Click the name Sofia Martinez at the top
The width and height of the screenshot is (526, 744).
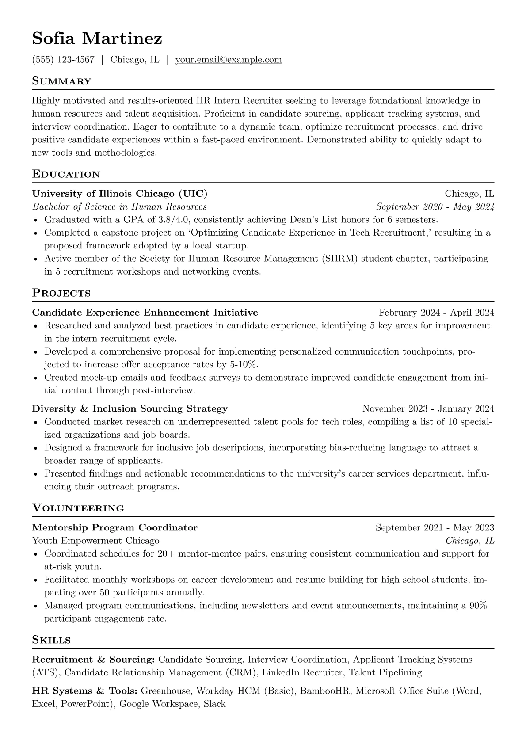click(x=97, y=39)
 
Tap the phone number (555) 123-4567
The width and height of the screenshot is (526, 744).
click(x=63, y=60)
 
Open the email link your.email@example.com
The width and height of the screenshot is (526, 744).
click(x=229, y=60)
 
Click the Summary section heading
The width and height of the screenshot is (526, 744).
click(x=62, y=81)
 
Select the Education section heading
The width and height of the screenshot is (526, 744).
click(x=66, y=174)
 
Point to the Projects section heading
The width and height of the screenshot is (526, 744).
click(x=61, y=293)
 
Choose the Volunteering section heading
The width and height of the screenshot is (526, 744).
click(x=78, y=508)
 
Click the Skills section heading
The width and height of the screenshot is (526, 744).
click(x=52, y=640)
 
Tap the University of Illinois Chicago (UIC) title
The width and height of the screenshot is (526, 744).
click(x=120, y=194)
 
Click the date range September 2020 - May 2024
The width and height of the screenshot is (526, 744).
click(x=435, y=207)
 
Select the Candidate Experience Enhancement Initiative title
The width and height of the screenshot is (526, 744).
click(x=145, y=313)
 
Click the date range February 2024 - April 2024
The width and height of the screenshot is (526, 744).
click(x=436, y=313)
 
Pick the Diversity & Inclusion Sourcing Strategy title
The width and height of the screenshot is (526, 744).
click(x=130, y=408)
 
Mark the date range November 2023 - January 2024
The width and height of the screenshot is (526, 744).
click(x=428, y=408)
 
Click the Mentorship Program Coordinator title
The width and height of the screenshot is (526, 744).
click(x=115, y=528)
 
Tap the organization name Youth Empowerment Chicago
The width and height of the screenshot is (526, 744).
click(x=95, y=541)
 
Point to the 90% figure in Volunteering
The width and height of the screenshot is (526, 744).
click(x=478, y=606)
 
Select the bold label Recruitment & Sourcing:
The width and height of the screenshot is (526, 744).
click(x=93, y=660)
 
